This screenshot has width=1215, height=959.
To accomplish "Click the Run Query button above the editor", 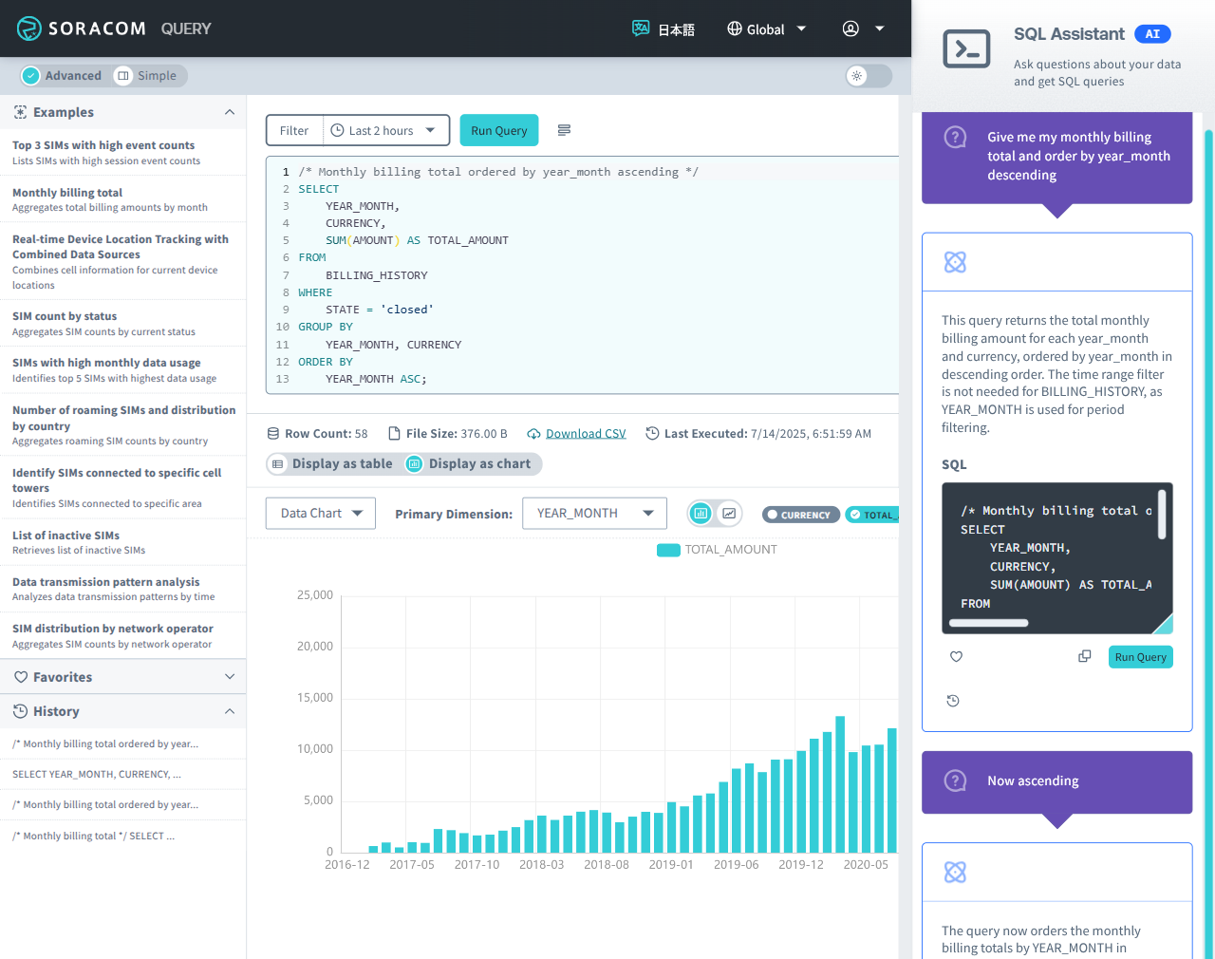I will [498, 130].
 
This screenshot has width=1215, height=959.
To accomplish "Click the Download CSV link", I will [585, 434].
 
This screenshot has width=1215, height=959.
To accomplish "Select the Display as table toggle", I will [333, 463].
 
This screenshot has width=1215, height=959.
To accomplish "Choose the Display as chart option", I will [470, 463].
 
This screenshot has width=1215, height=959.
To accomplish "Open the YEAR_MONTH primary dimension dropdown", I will [594, 514].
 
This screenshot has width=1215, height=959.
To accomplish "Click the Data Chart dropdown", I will [321, 514].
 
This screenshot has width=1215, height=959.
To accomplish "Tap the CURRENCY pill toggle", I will [800, 515].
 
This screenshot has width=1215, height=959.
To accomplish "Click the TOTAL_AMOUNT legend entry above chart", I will [718, 550].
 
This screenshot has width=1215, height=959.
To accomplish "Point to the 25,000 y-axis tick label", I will [315, 595].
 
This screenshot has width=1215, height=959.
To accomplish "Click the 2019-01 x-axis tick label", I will [671, 865].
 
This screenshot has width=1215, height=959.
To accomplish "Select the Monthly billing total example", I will [67, 193].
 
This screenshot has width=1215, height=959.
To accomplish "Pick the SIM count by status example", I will [65, 316].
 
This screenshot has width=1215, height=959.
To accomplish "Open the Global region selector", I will [766, 29].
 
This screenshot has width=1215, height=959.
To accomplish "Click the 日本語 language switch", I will [664, 29].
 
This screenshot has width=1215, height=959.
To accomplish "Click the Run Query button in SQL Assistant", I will [1140, 657].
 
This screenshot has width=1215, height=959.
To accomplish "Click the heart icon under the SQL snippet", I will [956, 657].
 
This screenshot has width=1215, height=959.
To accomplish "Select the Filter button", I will [294, 130].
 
